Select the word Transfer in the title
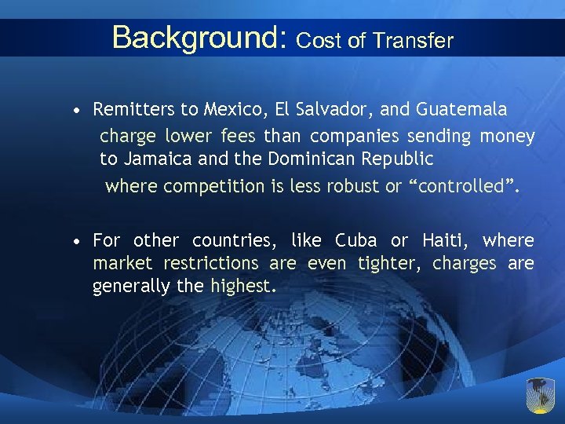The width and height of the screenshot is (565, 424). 414,41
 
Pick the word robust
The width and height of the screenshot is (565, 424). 348,186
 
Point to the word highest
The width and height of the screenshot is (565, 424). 240,287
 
